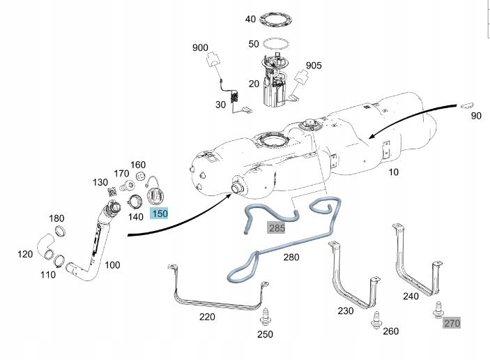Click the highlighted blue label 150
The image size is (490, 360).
click(160, 213)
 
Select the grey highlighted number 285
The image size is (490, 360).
click(277, 227)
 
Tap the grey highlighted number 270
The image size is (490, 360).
click(452, 322)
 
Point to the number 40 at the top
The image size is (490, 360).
click(251, 19)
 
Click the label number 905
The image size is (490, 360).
click(314, 66)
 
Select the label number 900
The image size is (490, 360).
click(200, 47)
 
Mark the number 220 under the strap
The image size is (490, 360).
click(207, 316)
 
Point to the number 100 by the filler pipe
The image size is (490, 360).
click(112, 265)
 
